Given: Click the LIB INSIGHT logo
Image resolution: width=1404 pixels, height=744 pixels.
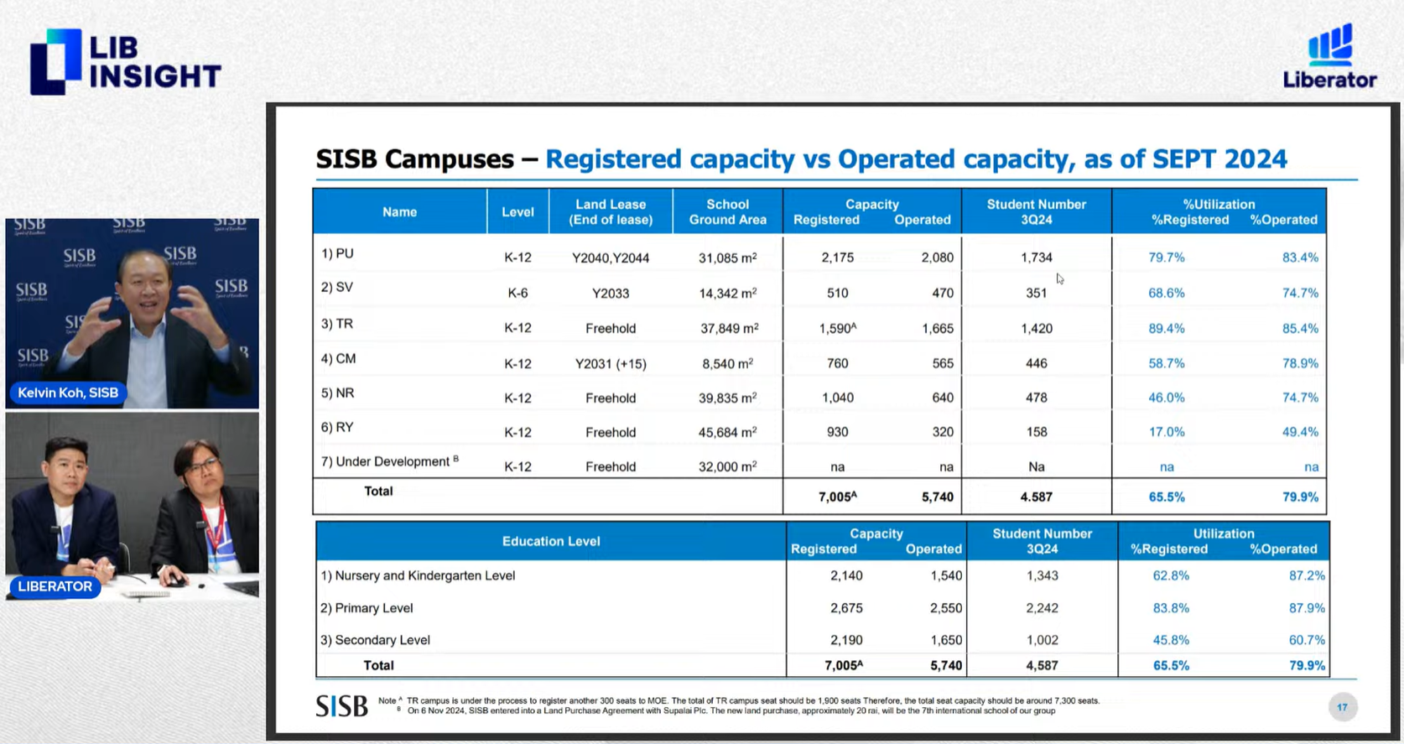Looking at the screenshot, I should pyautogui.click(x=125, y=62).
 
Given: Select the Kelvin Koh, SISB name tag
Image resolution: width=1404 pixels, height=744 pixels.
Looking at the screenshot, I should pyautogui.click(x=68, y=393).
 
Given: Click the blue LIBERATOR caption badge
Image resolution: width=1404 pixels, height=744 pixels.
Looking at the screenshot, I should pyautogui.click(x=55, y=586).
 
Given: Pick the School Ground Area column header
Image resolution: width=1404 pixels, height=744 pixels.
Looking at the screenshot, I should pyautogui.click(x=727, y=211).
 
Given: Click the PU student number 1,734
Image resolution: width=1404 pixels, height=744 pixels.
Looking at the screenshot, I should pyautogui.click(x=1036, y=258).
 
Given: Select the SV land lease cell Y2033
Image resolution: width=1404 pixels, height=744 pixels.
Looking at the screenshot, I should pyautogui.click(x=610, y=293).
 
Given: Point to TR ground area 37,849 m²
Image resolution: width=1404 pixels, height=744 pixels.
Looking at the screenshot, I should pyautogui.click(x=729, y=328).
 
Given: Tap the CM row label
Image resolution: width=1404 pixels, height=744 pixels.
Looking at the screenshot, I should pyautogui.click(x=339, y=358).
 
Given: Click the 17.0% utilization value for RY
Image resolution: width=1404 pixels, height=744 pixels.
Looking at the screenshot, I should pyautogui.click(x=1166, y=432).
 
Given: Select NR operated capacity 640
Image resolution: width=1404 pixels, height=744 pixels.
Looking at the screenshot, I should pyautogui.click(x=942, y=398).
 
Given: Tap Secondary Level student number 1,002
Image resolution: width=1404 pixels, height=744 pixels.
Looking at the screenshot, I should pyautogui.click(x=1042, y=640).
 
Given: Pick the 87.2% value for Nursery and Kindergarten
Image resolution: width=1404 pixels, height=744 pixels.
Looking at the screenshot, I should pyautogui.click(x=1307, y=575).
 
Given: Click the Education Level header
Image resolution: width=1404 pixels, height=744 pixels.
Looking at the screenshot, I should pyautogui.click(x=550, y=541).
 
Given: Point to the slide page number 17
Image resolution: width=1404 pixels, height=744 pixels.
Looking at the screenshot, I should pyautogui.click(x=1342, y=707).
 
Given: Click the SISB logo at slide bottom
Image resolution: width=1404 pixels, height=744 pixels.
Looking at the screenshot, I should pyautogui.click(x=341, y=705).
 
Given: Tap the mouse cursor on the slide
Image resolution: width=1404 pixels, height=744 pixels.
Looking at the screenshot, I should pyautogui.click(x=1060, y=278).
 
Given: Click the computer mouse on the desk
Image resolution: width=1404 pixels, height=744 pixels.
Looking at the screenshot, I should pyautogui.click(x=174, y=580).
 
